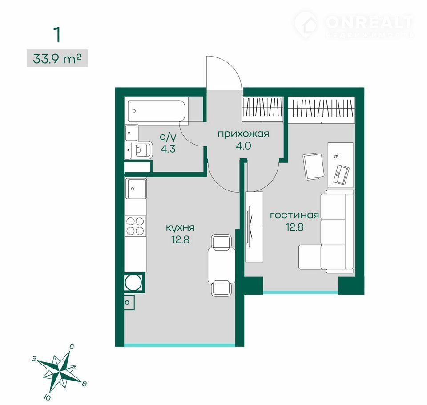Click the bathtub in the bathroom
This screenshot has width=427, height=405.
(x=156, y=111)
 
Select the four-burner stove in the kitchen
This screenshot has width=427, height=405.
(x=135, y=226)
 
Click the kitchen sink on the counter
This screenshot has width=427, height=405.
(x=136, y=188)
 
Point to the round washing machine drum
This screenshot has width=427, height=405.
(x=134, y=282)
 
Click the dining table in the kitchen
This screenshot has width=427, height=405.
(x=222, y=266)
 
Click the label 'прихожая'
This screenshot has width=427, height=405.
(x=243, y=134)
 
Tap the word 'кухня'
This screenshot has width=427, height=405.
(x=180, y=228)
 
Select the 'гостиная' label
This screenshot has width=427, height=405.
(x=294, y=215)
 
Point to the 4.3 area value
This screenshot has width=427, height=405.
(x=168, y=149)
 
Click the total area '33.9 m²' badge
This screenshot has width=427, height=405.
(x=57, y=58)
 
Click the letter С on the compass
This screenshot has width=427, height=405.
(x=72, y=347)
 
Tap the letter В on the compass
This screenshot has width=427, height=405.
(x=85, y=384)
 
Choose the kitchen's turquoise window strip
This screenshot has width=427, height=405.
(x=180, y=345)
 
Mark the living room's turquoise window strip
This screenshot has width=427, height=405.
(x=301, y=292)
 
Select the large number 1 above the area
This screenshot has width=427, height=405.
(x=57, y=35)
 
